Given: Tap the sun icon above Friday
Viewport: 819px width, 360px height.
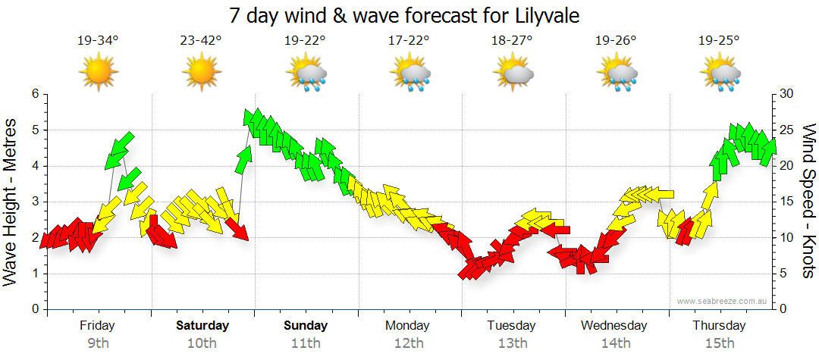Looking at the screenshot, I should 99,74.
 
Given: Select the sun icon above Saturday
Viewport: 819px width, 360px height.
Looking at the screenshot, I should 202,74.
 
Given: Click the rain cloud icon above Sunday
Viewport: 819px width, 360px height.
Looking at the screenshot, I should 306,74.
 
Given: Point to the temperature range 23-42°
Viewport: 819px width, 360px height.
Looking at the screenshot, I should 202,41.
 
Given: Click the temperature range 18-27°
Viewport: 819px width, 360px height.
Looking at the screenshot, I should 512,41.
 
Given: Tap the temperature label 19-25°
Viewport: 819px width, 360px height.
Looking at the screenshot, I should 719,41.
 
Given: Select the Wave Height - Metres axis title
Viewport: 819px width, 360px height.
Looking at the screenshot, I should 11,202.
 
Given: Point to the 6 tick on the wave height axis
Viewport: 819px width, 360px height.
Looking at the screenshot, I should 34,94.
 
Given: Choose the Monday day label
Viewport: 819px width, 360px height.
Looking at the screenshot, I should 408,326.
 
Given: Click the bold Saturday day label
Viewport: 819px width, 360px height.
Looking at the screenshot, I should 202,326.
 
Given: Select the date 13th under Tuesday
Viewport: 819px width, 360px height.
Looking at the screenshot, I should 512,343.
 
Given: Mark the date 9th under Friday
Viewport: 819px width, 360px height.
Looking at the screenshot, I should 98,343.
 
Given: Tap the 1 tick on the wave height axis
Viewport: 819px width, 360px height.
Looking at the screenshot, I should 34,274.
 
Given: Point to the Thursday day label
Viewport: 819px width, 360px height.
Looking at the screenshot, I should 719,326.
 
